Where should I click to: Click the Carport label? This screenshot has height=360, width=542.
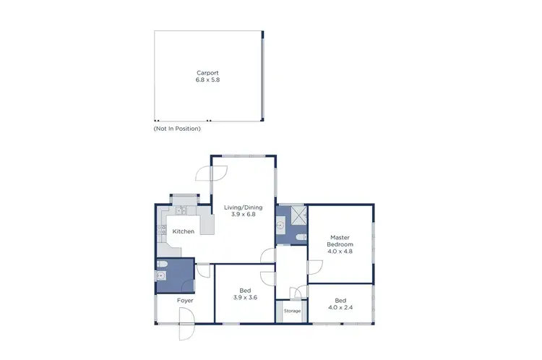207,72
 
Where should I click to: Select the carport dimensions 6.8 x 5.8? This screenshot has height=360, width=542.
207,80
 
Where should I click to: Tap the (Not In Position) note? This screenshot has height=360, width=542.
177,129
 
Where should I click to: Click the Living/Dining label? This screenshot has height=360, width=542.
242,208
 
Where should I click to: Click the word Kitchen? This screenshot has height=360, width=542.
184,231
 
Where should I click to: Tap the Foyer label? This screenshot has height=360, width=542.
185,300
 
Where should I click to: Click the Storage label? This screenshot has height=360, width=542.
292,311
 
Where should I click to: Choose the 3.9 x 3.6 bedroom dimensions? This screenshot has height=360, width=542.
245,298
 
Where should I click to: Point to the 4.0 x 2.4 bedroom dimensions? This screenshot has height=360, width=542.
340,307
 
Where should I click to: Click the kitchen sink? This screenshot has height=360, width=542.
181,211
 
